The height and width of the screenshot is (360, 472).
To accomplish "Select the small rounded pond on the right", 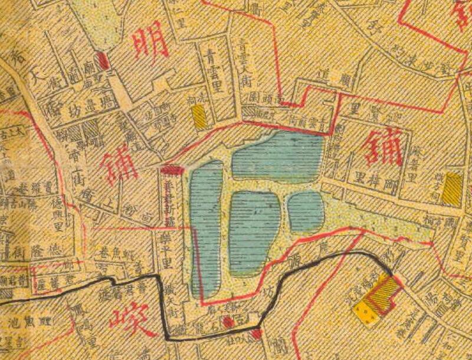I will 306,210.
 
